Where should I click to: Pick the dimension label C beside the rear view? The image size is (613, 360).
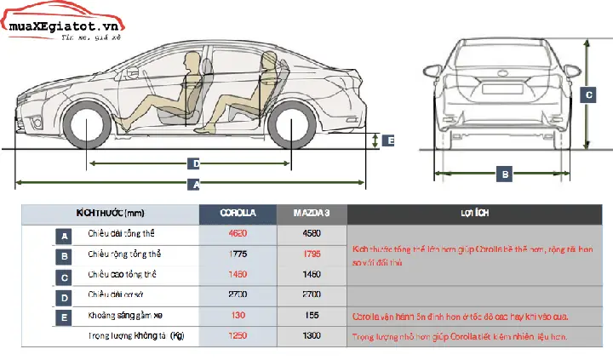click(x=588, y=95)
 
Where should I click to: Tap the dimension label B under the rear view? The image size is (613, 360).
click(x=506, y=174)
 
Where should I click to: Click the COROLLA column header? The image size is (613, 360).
click(x=238, y=214)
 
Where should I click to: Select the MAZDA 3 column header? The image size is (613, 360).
click(x=312, y=214)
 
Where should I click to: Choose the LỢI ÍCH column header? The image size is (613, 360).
click(x=478, y=214)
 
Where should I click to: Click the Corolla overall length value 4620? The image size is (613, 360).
click(x=238, y=234)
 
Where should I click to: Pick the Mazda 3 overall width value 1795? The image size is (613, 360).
click(x=312, y=254)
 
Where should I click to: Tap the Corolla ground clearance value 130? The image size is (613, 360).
click(x=238, y=316)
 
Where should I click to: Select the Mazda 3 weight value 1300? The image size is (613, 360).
click(x=312, y=336)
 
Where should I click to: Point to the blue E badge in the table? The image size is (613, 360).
click(x=65, y=317)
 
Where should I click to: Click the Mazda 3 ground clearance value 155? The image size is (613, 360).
click(x=312, y=316)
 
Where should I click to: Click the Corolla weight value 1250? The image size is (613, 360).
click(x=238, y=336)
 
